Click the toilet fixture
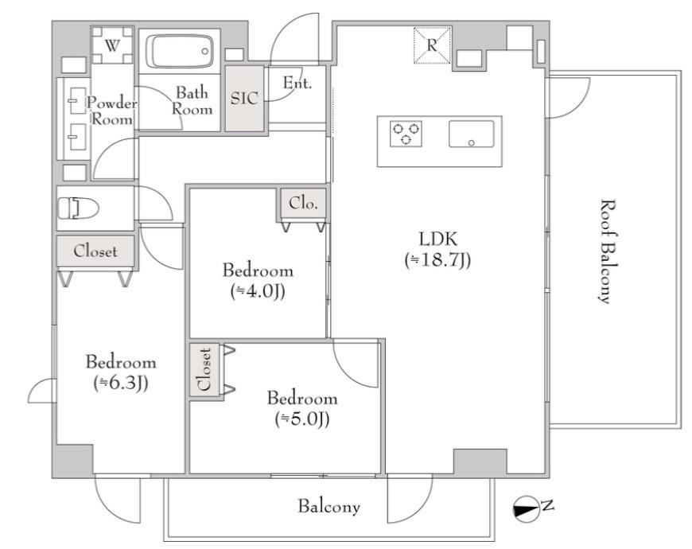(78, 208)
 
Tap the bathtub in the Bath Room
(180, 51)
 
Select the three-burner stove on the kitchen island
(406, 134)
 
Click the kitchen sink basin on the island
(472, 134)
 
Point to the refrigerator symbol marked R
(432, 45)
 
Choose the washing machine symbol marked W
(112, 45)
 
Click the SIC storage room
(244, 99)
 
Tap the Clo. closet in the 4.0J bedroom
(303, 204)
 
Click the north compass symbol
(527, 509)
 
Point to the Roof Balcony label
(608, 251)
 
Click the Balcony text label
(329, 507)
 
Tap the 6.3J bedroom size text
(121, 384)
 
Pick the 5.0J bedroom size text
(302, 419)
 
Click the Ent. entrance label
(297, 83)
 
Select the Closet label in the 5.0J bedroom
(204, 369)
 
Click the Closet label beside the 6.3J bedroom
(95, 251)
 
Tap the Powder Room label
(111, 111)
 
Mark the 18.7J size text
(437, 260)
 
